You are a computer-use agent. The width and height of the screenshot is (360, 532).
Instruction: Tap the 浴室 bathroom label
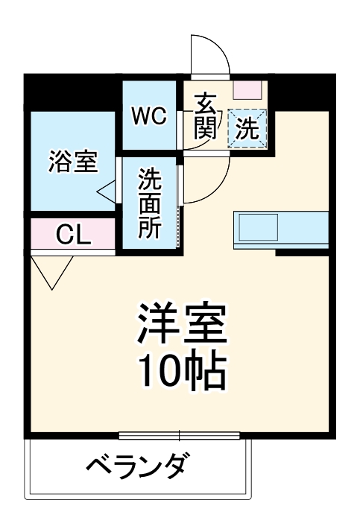(x=73, y=162)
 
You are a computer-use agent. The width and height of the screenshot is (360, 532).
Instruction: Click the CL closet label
(x=73, y=235)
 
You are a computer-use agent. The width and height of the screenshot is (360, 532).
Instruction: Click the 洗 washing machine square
(x=247, y=128)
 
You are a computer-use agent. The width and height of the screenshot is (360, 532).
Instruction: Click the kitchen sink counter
(x=280, y=229)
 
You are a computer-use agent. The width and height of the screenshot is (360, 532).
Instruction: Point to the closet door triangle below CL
(x=51, y=271)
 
